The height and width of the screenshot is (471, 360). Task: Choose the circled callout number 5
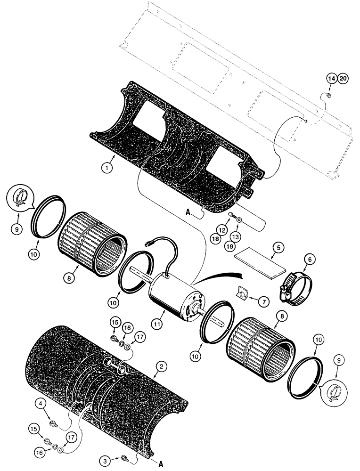(279, 246)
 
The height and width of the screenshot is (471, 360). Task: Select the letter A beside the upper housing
(188, 212)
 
